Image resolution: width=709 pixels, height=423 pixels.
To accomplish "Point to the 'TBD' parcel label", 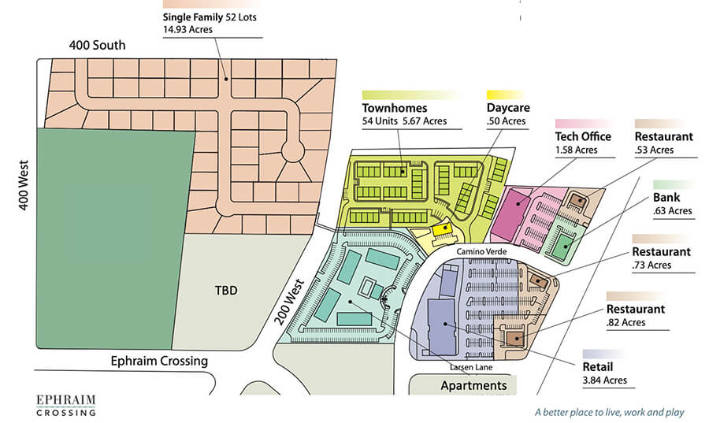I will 226,290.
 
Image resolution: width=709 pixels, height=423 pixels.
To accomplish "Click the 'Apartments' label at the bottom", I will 473,385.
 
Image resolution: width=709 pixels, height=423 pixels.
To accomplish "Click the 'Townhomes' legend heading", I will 395,108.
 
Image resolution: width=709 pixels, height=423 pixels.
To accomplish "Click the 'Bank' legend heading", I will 667,197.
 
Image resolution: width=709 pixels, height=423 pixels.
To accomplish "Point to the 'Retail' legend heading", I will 599,366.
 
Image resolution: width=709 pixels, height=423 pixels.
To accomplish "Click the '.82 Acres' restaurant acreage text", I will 626,322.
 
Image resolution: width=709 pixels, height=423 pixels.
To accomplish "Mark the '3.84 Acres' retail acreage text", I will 605,380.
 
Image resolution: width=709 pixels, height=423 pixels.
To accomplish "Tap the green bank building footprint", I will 561,247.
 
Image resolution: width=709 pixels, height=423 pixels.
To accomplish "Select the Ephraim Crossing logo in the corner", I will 67,403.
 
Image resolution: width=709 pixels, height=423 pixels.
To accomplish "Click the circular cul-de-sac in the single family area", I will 293,150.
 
